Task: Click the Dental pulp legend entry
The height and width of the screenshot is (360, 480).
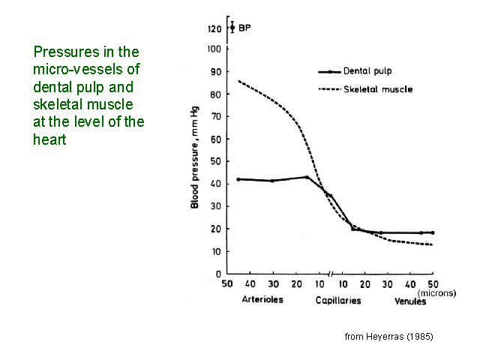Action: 367,72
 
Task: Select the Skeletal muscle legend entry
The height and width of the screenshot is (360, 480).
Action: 377,89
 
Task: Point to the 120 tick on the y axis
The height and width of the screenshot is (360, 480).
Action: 216,28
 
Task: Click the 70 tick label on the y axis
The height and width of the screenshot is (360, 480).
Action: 217,116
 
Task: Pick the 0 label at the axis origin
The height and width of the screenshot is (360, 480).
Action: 219,274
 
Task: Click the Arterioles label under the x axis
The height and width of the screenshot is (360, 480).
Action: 262,301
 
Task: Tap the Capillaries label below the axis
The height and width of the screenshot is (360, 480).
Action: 338,301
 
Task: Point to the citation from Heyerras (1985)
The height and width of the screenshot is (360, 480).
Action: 388,337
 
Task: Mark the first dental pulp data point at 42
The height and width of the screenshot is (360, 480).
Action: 238,179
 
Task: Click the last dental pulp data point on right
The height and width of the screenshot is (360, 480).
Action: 433,232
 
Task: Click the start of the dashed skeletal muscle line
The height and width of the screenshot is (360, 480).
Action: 238,80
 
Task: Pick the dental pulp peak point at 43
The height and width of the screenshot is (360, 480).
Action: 307,177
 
